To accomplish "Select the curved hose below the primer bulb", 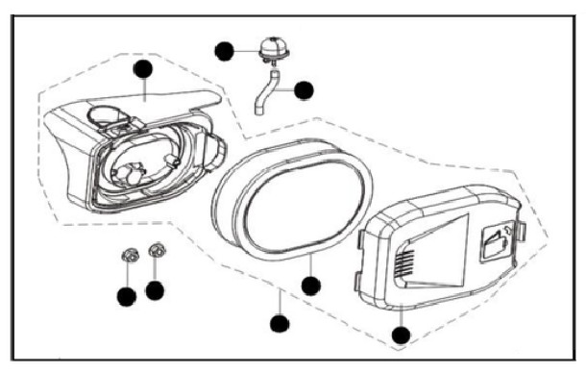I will click(x=266, y=90).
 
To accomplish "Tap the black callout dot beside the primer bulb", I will click(x=225, y=51).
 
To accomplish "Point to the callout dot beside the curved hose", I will click(x=305, y=90).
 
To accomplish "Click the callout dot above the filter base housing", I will click(x=144, y=68).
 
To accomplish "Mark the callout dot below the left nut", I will click(x=126, y=297).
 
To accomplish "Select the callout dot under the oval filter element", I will click(x=309, y=286).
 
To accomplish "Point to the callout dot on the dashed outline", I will click(x=279, y=322).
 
